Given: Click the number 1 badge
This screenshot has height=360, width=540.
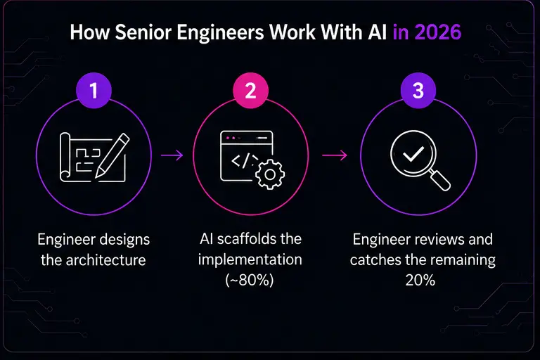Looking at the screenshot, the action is (94, 91).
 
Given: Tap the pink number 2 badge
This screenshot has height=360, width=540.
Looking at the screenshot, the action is (250, 91).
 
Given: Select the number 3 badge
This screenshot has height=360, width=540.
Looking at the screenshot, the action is (418, 91).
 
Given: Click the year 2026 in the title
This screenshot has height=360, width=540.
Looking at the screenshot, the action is (438, 32).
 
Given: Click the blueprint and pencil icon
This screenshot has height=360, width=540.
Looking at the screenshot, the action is (95, 157).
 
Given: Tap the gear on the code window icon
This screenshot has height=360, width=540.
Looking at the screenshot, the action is (270, 174).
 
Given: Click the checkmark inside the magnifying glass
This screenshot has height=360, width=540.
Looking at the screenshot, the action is (413, 154).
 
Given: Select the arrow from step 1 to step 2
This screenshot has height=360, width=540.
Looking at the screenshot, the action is (172, 155).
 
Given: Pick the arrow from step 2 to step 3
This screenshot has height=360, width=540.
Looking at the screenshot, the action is (335, 155).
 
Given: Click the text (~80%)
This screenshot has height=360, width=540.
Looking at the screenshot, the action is (250, 280).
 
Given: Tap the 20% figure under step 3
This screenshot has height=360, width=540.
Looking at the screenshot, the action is (420, 280).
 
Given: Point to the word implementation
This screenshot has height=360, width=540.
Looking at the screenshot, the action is (250, 259).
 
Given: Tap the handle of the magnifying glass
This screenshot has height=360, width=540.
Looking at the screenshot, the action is (439, 180).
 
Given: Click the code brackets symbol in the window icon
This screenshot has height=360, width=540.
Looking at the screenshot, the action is (244, 161).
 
